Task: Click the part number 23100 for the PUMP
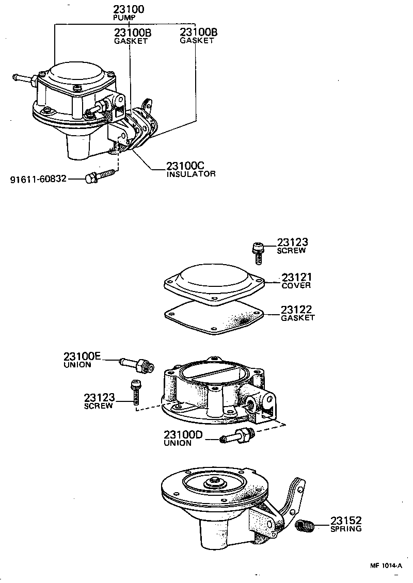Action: tap(129, 9)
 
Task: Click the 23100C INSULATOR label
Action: tap(190, 169)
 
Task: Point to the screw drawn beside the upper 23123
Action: tap(257, 249)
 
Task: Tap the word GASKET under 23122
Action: tap(297, 318)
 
